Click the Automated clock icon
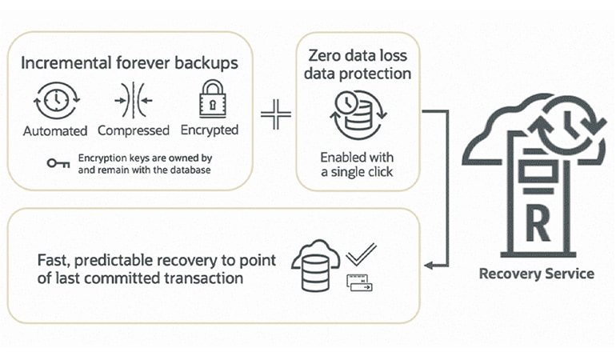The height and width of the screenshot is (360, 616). point(54,102)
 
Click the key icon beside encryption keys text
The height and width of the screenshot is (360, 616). point(57,163)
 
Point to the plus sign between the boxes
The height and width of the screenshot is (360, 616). point(274,115)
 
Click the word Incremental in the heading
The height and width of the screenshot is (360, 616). point(60,63)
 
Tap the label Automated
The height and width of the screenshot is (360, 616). point(54,130)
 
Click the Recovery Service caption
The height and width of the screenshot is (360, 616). point(536,274)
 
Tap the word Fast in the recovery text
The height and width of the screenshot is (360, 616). point(54,260)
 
